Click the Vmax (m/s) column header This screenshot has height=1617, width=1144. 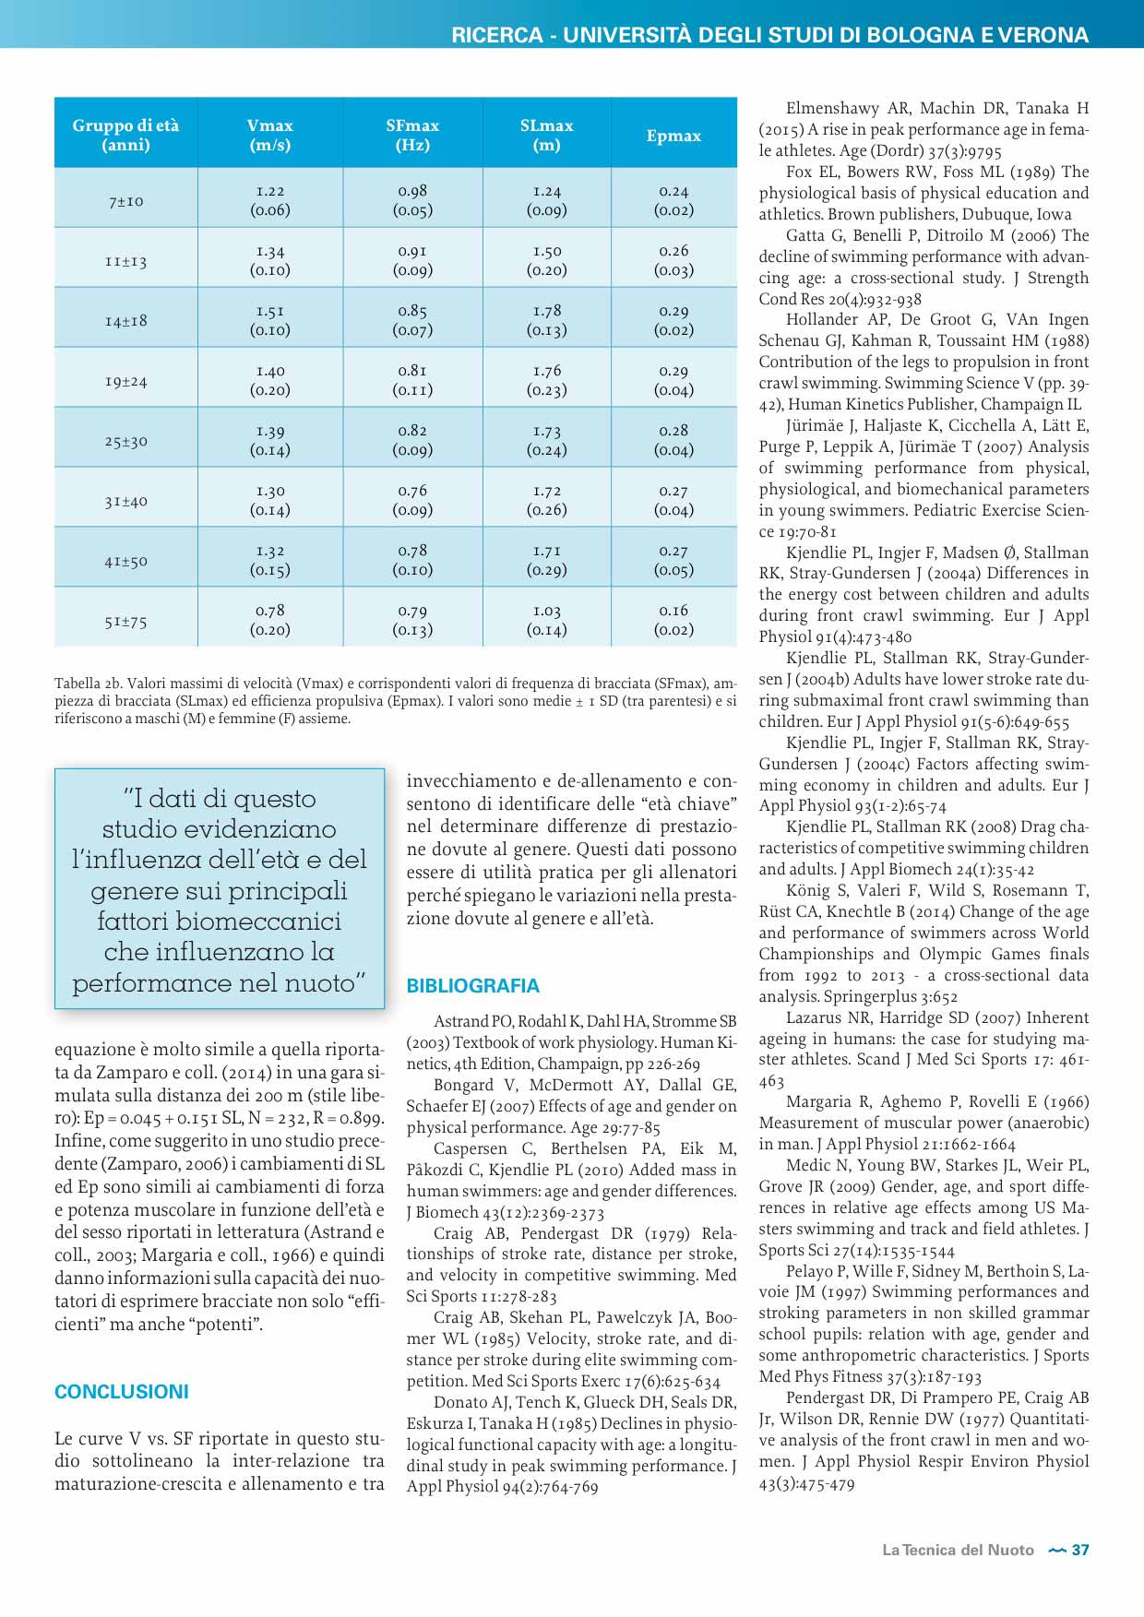(x=269, y=135)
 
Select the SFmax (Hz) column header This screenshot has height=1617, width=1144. (x=412, y=135)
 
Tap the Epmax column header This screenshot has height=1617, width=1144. (x=673, y=136)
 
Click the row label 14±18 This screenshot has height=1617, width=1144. (x=125, y=321)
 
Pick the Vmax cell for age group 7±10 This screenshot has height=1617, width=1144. (x=269, y=200)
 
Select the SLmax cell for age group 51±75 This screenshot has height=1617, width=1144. (x=546, y=620)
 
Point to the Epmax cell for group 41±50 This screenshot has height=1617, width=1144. (x=673, y=560)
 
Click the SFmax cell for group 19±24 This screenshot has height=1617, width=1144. (x=412, y=380)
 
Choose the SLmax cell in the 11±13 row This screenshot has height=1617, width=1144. (x=546, y=260)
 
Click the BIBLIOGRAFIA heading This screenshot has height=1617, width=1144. (x=472, y=986)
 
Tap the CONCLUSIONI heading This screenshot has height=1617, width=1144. (x=122, y=1392)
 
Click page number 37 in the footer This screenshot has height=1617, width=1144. (x=1080, y=1550)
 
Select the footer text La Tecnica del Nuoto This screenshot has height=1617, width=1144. (x=958, y=1550)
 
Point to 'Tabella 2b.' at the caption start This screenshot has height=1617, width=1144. (x=89, y=684)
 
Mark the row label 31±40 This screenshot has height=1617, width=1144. (x=125, y=501)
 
